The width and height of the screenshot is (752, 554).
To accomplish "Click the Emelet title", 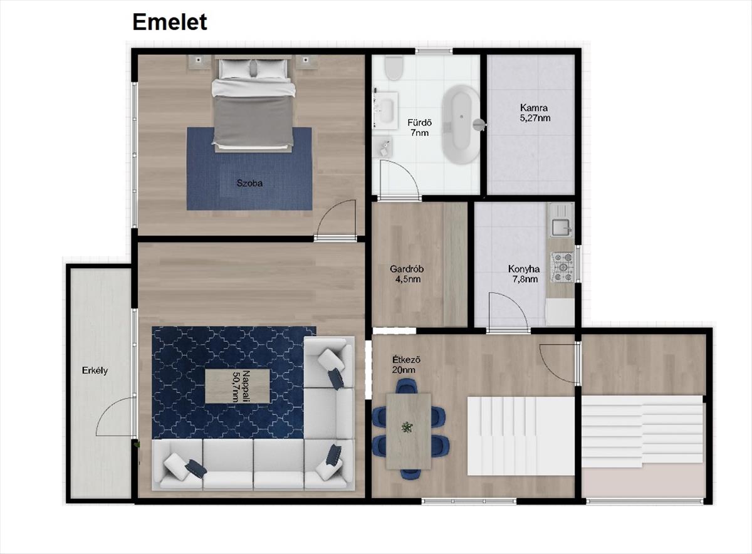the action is (x=170, y=22).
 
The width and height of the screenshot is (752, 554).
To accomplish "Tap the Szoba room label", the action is (x=249, y=183).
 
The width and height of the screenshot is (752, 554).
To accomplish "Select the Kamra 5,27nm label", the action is (x=535, y=113).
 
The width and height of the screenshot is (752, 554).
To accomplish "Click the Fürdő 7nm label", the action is (x=419, y=128).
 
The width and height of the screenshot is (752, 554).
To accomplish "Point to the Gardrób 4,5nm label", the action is (x=407, y=274).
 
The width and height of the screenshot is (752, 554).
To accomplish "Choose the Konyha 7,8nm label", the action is (x=524, y=274).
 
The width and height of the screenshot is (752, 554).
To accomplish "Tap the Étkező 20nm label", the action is (x=406, y=365).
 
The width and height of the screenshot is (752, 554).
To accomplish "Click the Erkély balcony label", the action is (x=95, y=370).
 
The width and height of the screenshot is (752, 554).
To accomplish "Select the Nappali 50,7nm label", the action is (x=241, y=386).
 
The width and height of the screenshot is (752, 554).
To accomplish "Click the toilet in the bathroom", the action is (x=394, y=68).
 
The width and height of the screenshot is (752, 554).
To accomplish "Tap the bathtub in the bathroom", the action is (x=461, y=125).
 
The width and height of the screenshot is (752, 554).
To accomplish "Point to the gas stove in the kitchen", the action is (x=562, y=267).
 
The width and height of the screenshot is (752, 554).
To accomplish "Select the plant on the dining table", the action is (x=407, y=427).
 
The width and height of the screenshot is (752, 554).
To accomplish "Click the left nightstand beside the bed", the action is (x=199, y=62).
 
